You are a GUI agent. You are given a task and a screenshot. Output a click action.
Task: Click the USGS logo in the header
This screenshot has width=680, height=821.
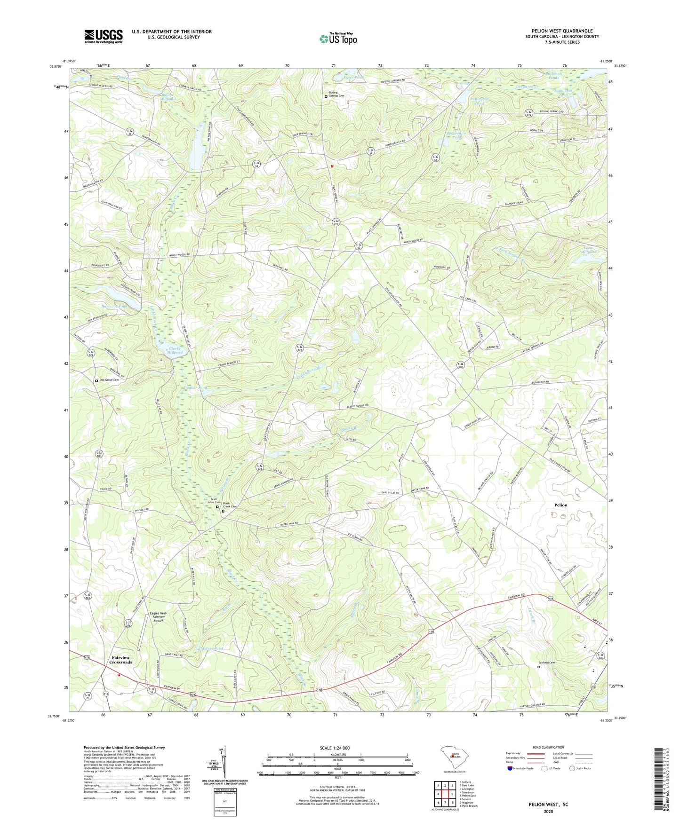(104, 36)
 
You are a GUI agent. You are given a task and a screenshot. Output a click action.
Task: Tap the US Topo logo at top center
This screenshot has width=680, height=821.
(338, 39)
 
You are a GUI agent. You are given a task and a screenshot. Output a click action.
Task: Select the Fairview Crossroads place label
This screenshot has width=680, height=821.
(120, 660)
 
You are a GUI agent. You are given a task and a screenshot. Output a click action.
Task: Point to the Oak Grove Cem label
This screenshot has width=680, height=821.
(109, 380)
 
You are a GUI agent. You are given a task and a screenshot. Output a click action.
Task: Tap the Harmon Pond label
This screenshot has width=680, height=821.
(114, 306)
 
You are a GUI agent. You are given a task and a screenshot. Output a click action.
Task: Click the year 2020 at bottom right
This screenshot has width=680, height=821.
(548, 811)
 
